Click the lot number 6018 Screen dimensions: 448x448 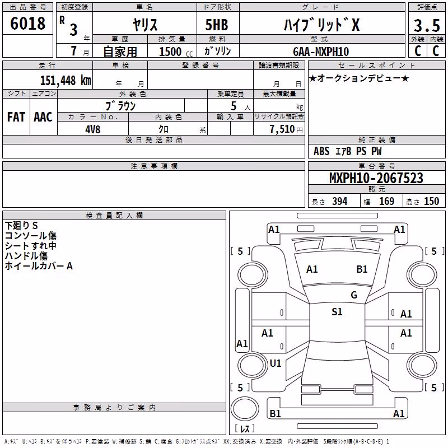27,23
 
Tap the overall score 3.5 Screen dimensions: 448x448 427,25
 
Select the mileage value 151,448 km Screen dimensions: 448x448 66,81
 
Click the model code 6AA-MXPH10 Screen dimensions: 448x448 321,52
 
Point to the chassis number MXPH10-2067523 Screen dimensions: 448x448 376,178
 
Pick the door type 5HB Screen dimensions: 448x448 217,25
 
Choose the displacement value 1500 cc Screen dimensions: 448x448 176,52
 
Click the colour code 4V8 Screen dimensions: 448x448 93,129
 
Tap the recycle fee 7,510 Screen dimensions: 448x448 282,129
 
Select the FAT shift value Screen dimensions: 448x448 16,117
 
